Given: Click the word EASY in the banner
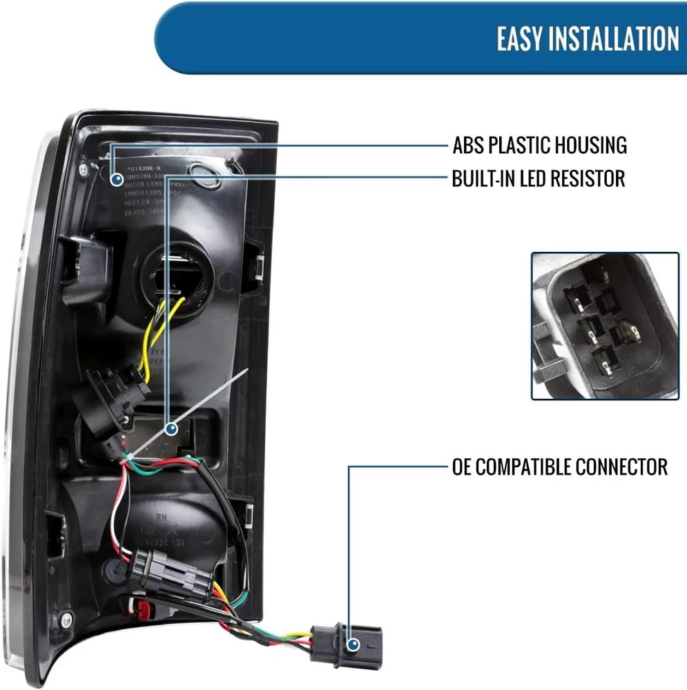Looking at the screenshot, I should coord(518,39).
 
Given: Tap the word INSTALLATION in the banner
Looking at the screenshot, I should coord(612,39).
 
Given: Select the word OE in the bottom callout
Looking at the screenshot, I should coord(461,467).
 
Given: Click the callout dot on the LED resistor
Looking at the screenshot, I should coord(171,428).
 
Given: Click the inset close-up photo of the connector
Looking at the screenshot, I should coord(605,326).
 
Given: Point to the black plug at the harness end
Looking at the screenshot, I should coord(345,645).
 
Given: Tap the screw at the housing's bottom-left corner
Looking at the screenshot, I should coord(66,616).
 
